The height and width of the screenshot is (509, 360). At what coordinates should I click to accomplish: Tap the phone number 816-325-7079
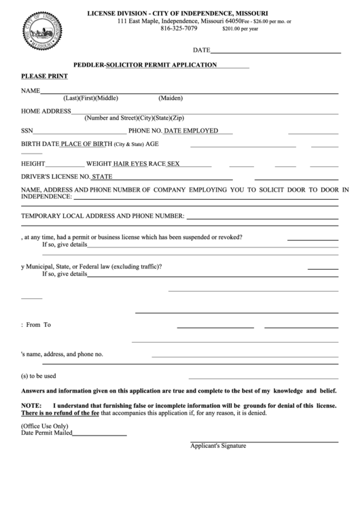tap(179, 29)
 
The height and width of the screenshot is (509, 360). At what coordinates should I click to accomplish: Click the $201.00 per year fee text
tap(240, 30)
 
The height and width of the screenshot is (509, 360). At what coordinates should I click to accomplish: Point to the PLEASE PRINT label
tap(44, 76)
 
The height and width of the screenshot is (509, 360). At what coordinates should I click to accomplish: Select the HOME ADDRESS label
tap(46, 110)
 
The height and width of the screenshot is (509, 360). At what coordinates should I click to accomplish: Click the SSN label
tap(27, 130)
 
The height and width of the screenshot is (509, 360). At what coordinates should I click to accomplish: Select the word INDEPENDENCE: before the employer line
tap(46, 196)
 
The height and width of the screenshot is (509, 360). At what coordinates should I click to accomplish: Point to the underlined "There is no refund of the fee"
tap(60, 413)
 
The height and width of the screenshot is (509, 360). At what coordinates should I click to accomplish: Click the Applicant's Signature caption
tap(218, 446)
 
